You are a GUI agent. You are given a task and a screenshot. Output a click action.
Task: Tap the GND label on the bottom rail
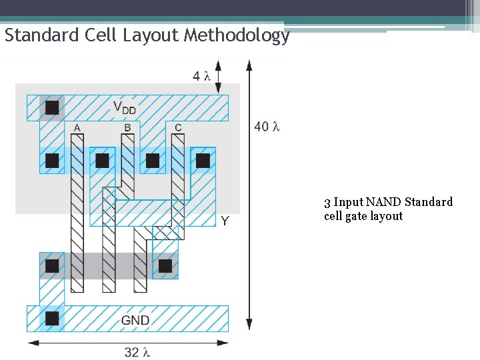(x=135, y=320)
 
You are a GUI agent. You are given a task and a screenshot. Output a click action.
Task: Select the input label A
(x=77, y=127)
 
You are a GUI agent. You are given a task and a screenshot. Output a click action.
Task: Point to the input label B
(x=127, y=127)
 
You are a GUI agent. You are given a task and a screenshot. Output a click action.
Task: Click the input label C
(x=177, y=127)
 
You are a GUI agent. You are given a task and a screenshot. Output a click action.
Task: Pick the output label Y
(x=225, y=221)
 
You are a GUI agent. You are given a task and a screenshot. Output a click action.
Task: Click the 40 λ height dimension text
(x=267, y=126)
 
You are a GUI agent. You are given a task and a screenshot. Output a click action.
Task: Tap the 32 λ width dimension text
(x=137, y=351)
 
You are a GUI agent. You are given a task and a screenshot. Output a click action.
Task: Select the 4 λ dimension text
(x=201, y=76)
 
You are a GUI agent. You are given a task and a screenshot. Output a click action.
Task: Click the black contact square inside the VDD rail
(x=52, y=107)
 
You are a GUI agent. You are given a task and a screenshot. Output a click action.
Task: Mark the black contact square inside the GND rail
(x=52, y=318)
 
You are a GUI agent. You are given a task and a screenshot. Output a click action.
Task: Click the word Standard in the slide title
(x=41, y=35)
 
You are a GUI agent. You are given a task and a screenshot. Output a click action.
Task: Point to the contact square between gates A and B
(x=102, y=161)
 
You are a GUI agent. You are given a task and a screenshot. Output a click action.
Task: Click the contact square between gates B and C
(x=153, y=161)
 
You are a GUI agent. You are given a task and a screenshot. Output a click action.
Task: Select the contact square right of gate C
(x=203, y=161)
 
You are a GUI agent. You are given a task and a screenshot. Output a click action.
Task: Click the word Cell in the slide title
(x=101, y=35)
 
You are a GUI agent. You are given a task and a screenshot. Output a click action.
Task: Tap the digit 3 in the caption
(x=327, y=202)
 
